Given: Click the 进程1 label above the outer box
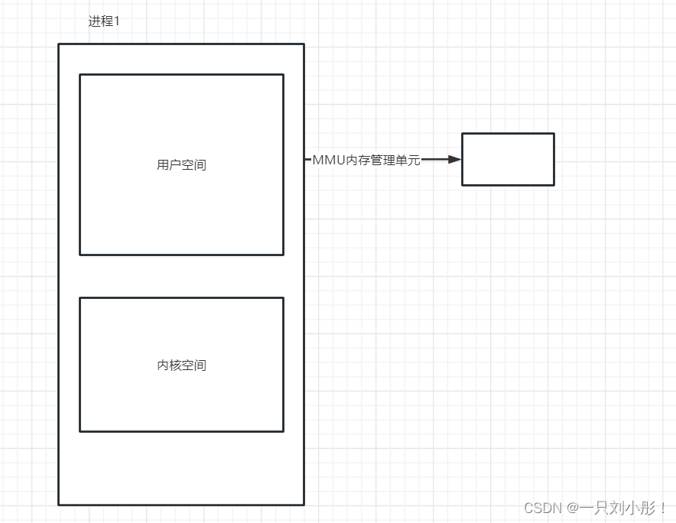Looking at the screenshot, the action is (104, 21).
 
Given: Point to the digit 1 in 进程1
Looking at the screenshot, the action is (117, 21).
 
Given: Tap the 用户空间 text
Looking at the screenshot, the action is (181, 164).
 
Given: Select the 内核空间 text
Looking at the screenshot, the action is (181, 365).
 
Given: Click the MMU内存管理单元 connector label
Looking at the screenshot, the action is (366, 160).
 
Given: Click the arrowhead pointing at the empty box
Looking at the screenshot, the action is (455, 159).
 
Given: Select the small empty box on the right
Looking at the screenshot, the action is (508, 159).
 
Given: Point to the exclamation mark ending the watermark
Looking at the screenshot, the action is (663, 508).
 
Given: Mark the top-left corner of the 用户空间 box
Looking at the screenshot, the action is (80, 75).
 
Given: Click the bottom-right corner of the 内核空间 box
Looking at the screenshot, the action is (283, 431).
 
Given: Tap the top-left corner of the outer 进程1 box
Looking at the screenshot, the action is (59, 44).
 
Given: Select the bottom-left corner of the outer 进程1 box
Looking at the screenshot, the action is (59, 505).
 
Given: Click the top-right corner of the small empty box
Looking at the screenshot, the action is (554, 134).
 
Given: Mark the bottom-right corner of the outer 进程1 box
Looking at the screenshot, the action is (304, 505).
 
